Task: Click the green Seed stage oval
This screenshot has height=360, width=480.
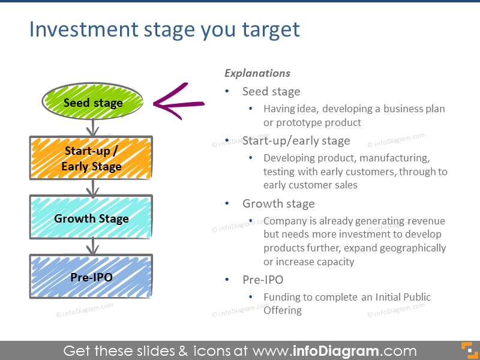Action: (x=92, y=103)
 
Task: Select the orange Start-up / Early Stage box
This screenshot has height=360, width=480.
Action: (x=91, y=158)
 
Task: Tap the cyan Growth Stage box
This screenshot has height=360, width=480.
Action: (x=91, y=218)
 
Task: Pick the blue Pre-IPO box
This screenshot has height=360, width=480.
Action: (x=91, y=277)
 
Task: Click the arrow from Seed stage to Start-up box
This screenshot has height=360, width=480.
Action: (x=92, y=128)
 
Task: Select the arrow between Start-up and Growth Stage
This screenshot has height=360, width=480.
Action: (x=92, y=188)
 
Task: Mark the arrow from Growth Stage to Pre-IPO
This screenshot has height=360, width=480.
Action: (x=92, y=246)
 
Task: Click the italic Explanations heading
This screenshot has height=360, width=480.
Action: (x=257, y=73)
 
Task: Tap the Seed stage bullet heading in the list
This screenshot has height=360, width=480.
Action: (x=271, y=91)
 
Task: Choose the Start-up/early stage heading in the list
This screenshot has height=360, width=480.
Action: (x=296, y=140)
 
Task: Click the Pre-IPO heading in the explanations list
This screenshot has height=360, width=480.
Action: (x=262, y=280)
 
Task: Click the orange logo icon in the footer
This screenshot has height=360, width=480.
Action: (x=467, y=350)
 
